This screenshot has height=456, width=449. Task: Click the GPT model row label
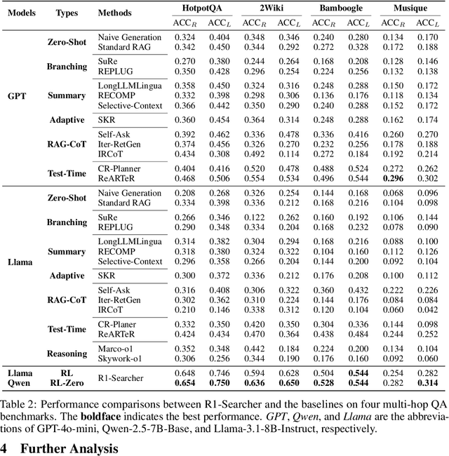pyautogui.click(x=17, y=95)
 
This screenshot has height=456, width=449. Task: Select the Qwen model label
pyautogui.click(x=22, y=383)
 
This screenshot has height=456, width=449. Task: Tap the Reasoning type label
pyautogui.click(x=67, y=354)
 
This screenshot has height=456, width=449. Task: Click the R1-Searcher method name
pyautogui.click(x=121, y=378)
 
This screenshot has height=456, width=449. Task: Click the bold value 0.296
pyautogui.click(x=391, y=177)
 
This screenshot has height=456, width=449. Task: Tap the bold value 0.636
pyautogui.click(x=253, y=383)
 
